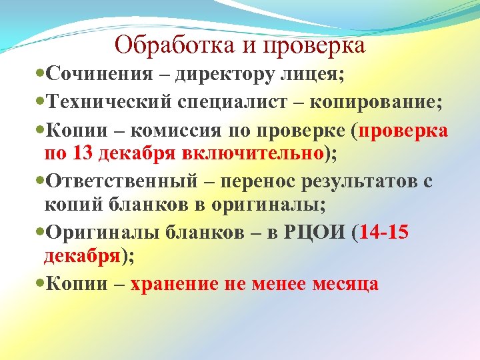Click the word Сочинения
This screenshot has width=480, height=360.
93,74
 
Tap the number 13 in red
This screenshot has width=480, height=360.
83,154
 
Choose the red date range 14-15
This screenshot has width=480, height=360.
384,233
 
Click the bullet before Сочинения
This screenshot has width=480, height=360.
42,75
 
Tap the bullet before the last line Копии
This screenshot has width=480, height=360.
42,285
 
